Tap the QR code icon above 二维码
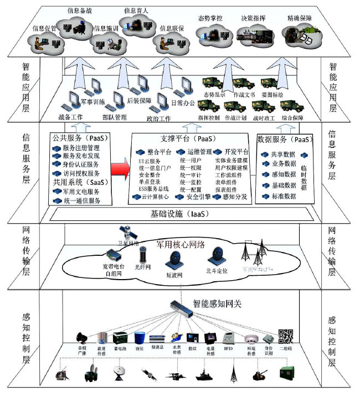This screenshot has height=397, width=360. (285, 336)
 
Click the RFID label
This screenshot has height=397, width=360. (228, 348)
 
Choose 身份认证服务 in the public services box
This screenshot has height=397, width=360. (81, 164)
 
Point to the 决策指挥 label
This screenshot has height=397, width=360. (253, 18)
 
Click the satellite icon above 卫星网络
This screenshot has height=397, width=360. (125, 231)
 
